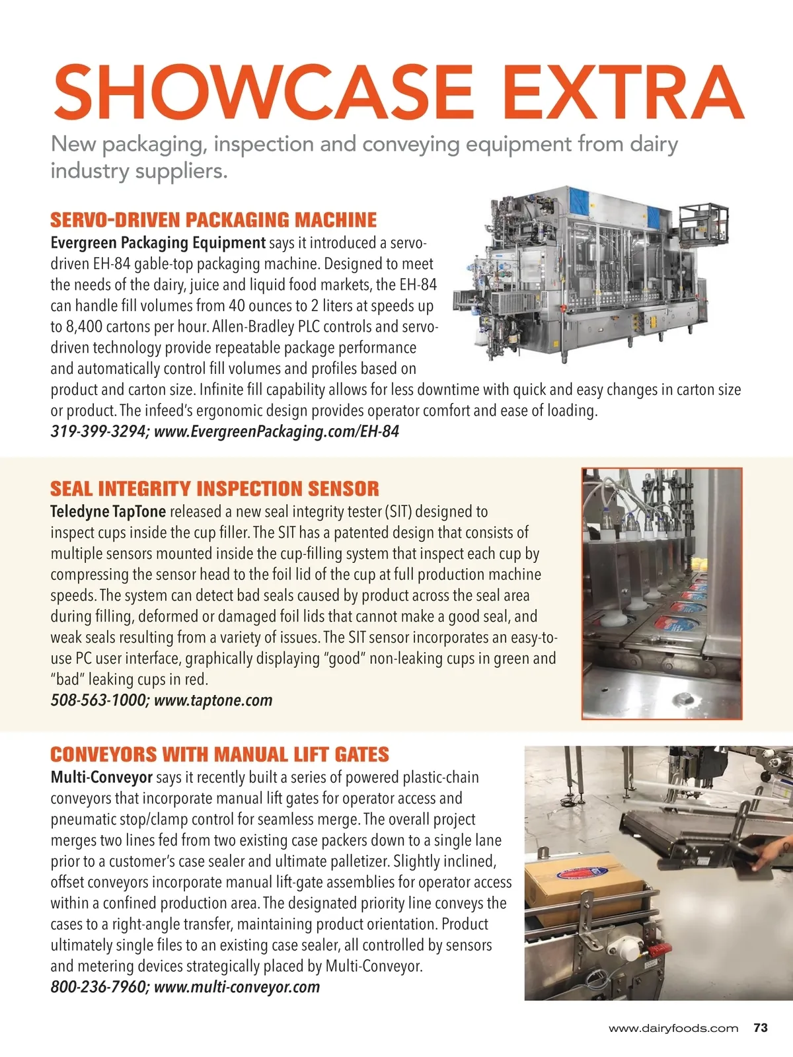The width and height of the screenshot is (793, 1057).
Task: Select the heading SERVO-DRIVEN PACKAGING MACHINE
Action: tap(213, 220)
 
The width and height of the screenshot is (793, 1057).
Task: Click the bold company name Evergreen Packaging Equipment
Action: tap(158, 242)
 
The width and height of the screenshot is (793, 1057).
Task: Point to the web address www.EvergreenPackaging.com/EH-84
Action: tap(276, 432)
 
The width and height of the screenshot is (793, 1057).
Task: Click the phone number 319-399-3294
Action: tap(99, 432)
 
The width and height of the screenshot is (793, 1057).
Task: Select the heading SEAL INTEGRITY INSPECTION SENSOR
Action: tap(215, 489)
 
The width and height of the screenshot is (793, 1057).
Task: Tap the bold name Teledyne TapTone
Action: tap(108, 512)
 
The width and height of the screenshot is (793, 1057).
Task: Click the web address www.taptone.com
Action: tap(213, 700)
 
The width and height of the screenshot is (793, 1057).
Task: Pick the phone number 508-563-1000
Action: tap(99, 700)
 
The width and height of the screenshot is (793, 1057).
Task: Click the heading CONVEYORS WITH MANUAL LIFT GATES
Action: tap(219, 754)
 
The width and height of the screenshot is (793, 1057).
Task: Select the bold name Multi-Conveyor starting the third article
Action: tap(101, 778)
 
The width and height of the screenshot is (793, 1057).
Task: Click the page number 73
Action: tap(760, 1028)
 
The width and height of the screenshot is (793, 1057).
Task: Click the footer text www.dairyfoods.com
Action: tap(673, 1029)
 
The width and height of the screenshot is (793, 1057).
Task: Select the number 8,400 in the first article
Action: tap(86, 327)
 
